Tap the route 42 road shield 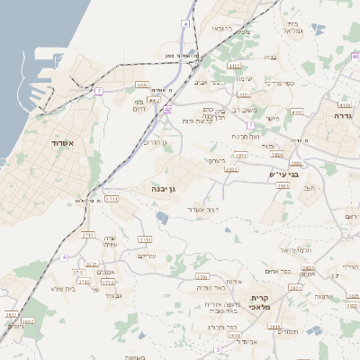167,109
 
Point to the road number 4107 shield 297,112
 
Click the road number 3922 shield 231,168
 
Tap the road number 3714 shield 112,199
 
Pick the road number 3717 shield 88,235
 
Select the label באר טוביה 209,288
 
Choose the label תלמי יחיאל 294,249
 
